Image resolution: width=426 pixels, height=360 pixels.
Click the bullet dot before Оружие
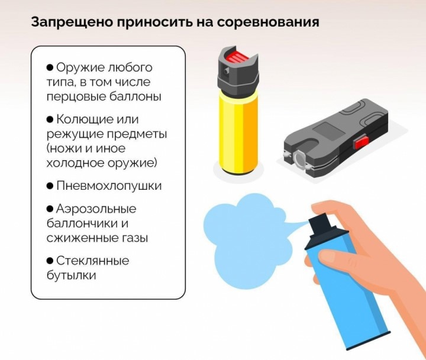[x=50, y=67]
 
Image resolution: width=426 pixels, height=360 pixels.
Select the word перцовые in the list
[x=75, y=97]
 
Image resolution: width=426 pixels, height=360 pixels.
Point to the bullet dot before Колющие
[x=50, y=119]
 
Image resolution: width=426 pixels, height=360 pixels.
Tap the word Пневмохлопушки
[x=109, y=186]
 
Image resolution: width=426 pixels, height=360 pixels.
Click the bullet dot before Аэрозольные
[x=50, y=209]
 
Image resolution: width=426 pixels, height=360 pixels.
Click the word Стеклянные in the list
[x=93, y=261]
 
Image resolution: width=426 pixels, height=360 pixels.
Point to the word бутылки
[x=72, y=275]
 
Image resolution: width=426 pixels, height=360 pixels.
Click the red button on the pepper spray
[x=238, y=57]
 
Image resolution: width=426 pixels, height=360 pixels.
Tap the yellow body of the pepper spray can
[x=238, y=133]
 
